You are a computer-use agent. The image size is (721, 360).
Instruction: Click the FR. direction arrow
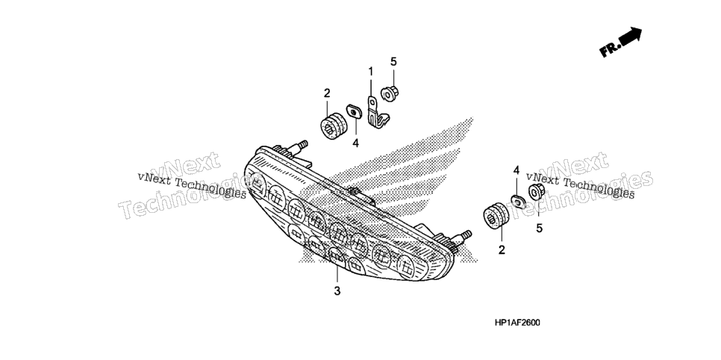pyautogui.click(x=621, y=42)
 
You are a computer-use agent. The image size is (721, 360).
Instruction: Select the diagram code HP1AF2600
pyautogui.click(x=517, y=323)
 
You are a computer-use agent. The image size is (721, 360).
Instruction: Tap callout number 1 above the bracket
pyautogui.click(x=371, y=72)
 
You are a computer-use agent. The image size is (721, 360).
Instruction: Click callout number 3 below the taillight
pyautogui.click(x=337, y=291)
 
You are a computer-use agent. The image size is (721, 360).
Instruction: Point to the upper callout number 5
pyautogui.click(x=393, y=62)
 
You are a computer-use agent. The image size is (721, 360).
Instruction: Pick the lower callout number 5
pyautogui.click(x=539, y=227)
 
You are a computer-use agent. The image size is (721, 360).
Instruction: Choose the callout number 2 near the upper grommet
pyautogui.click(x=327, y=93)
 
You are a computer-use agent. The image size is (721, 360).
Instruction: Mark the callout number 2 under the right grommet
pyautogui.click(x=502, y=250)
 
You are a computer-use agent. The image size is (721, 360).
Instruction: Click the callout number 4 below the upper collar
pyautogui.click(x=355, y=143)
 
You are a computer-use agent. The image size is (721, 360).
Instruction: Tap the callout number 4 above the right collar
pyautogui.click(x=516, y=171)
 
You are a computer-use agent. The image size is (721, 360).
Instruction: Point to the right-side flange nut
pyautogui.click(x=536, y=191)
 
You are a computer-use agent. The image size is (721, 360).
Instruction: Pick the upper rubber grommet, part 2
pyautogui.click(x=332, y=124)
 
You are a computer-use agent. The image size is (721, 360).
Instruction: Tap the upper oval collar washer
pyautogui.click(x=354, y=111)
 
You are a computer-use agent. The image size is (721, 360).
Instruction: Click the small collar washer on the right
pyautogui.click(x=518, y=201)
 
